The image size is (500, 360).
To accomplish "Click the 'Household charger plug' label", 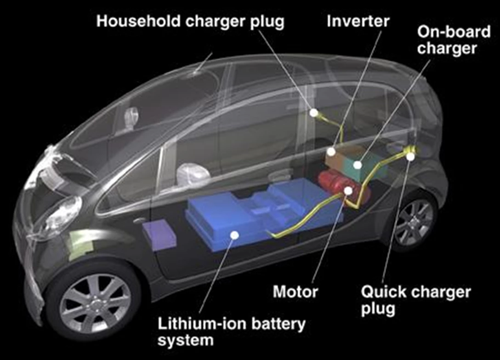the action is click(x=190, y=22).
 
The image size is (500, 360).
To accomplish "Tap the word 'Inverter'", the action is click(x=358, y=21).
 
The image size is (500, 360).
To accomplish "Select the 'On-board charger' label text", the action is click(x=454, y=40).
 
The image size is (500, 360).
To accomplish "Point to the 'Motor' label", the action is click(x=295, y=291).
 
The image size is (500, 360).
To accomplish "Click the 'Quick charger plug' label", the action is click(x=416, y=300).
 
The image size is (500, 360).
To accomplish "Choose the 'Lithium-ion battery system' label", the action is click(x=232, y=331).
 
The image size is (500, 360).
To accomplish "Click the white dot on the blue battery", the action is click(x=235, y=235).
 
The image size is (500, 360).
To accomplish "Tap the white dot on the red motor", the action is click(x=348, y=191).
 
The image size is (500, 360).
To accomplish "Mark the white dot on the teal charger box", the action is click(x=358, y=165).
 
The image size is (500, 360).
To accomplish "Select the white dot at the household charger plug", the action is click(x=314, y=112).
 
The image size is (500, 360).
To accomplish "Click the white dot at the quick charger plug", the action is click(x=410, y=157).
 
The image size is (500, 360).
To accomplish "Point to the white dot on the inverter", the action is click(x=331, y=152).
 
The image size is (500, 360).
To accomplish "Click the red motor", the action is click(x=344, y=189).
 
